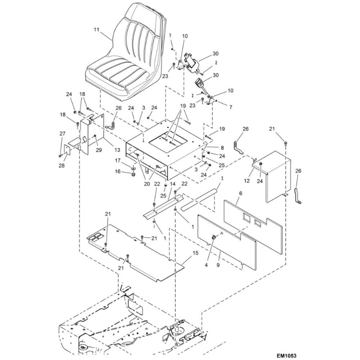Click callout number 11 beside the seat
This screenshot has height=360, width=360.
(96, 30)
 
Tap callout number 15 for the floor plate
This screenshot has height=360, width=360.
(195, 253)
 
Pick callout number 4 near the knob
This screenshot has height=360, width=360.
(207, 265)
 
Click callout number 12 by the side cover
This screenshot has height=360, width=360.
(247, 181)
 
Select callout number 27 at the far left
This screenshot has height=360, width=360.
(62, 134)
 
